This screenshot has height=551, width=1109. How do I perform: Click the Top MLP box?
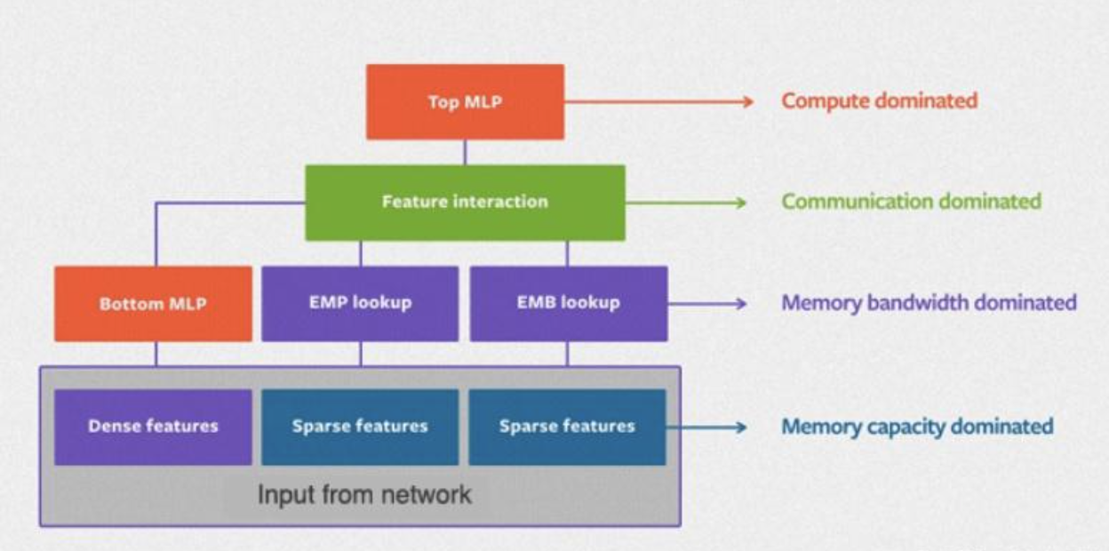[465, 102]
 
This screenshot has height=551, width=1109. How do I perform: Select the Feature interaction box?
[465, 203]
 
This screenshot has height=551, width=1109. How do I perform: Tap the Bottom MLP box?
[153, 304]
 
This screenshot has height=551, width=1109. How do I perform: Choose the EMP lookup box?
[360, 304]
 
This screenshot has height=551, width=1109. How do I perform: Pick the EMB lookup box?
[569, 304]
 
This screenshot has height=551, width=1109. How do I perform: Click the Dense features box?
[153, 427]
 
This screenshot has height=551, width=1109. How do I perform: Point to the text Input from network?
[364, 494]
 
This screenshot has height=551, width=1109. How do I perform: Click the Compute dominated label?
[879, 101]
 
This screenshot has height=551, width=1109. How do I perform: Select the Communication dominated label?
[911, 202]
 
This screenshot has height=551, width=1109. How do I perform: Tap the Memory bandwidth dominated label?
[929, 303]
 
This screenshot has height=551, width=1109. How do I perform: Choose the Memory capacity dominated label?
[917, 427]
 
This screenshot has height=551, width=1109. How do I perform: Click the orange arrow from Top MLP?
[659, 102]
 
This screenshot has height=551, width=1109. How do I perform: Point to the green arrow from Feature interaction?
[686, 203]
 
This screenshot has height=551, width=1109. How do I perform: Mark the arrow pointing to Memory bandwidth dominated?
[707, 303]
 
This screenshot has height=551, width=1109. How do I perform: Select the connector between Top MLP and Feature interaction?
[465, 153]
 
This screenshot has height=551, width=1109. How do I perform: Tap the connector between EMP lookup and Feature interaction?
[361, 253]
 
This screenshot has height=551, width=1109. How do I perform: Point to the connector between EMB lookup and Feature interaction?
[567, 253]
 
